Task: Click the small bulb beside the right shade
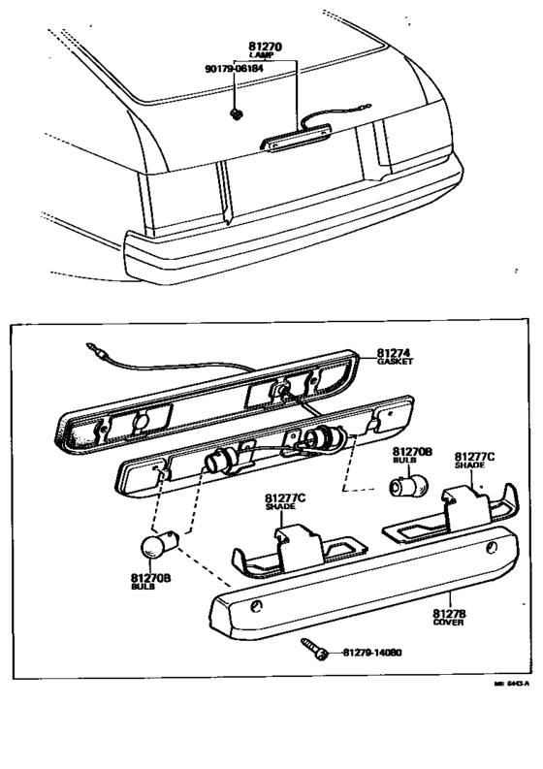point(409,482)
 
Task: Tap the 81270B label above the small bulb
point(412,452)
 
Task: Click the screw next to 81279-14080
point(315,646)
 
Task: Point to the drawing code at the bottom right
point(514,684)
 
